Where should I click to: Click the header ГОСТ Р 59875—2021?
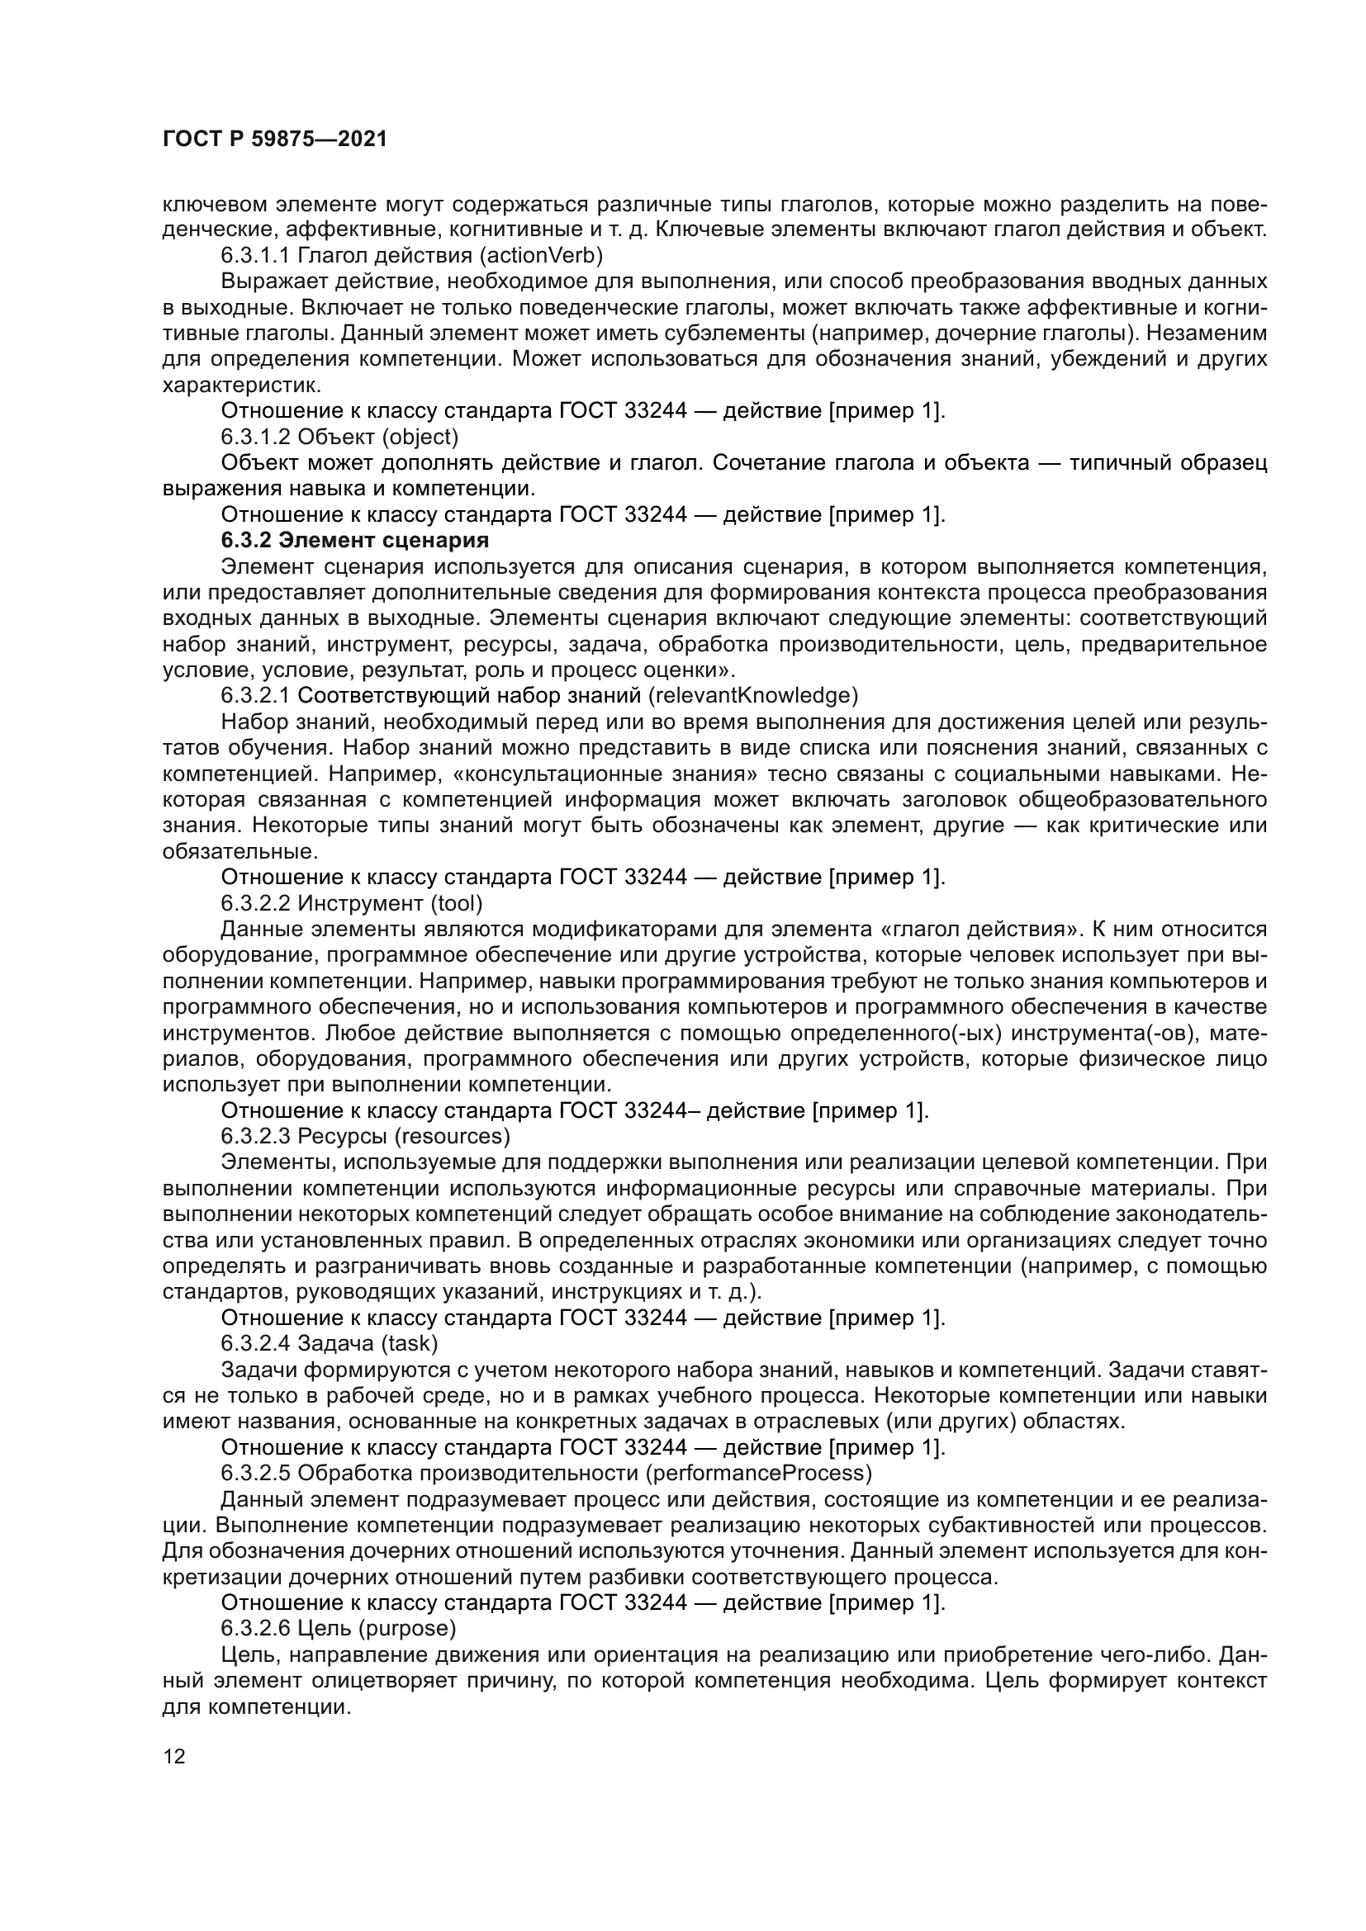point(274,140)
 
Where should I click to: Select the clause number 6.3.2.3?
point(256,1136)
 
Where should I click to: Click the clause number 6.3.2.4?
point(256,1343)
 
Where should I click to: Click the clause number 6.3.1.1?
point(256,255)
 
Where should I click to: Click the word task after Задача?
point(410,1343)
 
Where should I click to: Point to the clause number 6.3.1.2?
point(256,437)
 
